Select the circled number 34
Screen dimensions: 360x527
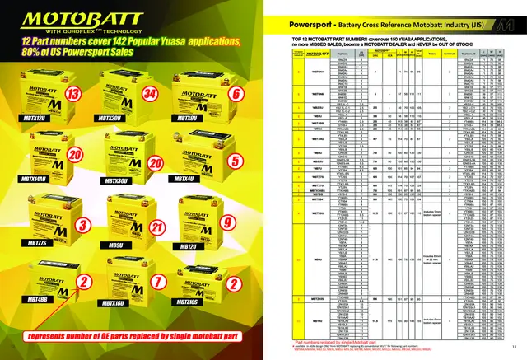(x=151, y=96)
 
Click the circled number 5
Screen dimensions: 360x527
(x=235, y=160)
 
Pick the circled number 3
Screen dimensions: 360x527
(x=82, y=224)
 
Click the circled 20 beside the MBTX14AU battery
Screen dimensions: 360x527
(x=74, y=156)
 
